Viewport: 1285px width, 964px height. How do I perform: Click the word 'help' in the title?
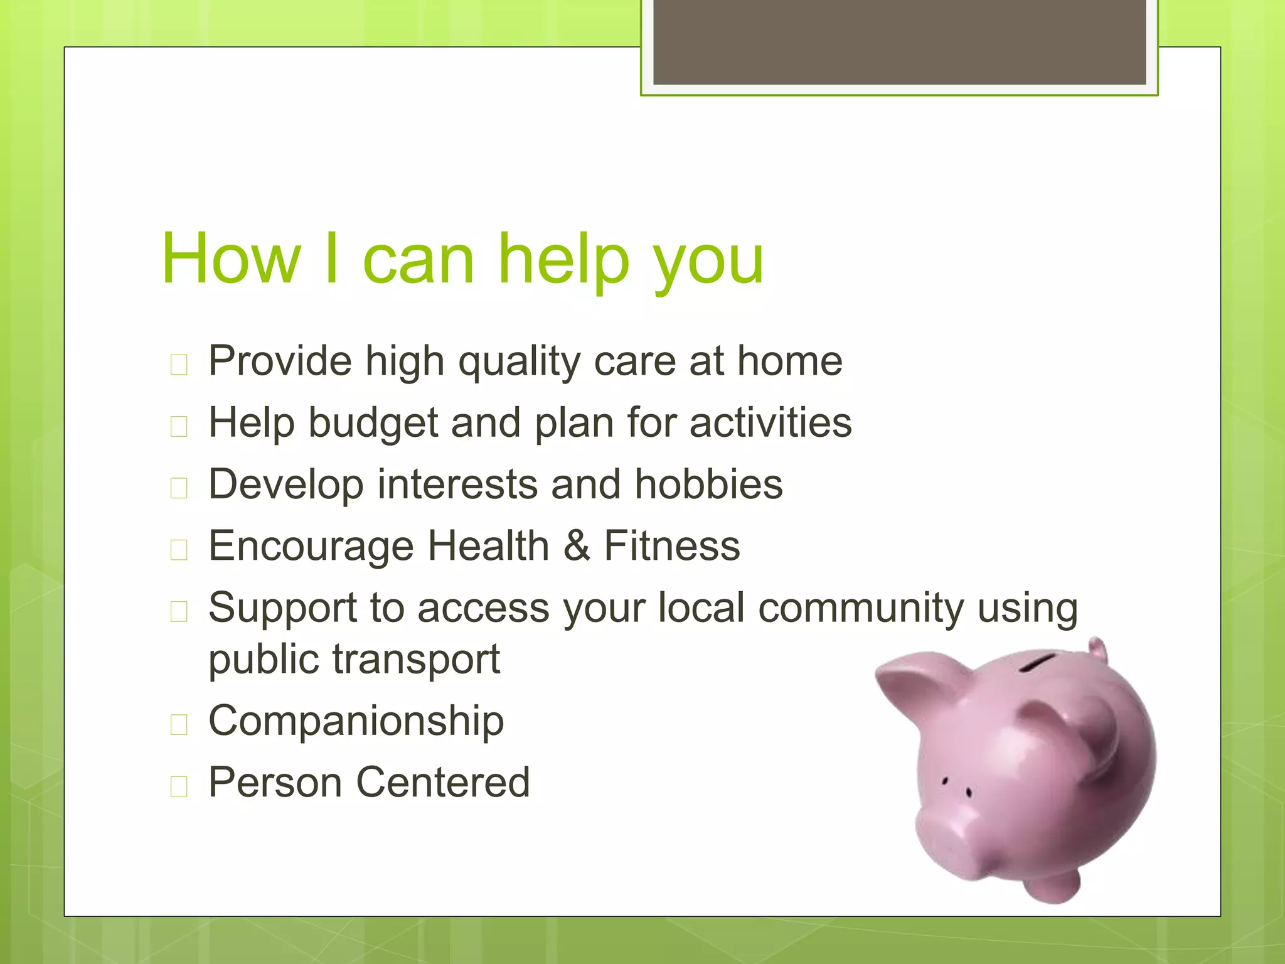tap(563, 259)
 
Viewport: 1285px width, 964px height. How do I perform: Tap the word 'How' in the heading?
tap(231, 259)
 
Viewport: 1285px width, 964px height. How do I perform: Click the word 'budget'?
tap(373, 422)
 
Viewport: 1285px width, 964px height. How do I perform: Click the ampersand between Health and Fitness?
tap(577, 545)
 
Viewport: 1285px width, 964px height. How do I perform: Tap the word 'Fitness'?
tap(672, 545)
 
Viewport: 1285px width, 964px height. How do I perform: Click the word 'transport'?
tap(416, 660)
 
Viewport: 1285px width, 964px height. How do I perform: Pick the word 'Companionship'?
tap(356, 720)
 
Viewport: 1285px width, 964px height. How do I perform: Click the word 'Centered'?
tap(443, 782)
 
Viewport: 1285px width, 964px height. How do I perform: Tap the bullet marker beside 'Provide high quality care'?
tap(179, 365)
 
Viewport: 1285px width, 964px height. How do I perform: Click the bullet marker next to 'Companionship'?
tap(179, 724)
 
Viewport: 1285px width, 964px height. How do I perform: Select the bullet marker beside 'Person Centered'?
tap(179, 786)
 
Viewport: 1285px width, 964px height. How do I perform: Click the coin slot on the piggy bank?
tap(1038, 662)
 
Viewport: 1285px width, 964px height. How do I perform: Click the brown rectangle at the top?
tap(899, 41)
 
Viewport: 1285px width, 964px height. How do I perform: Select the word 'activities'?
tap(770, 422)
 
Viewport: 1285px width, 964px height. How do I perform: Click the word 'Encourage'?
tap(311, 546)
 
